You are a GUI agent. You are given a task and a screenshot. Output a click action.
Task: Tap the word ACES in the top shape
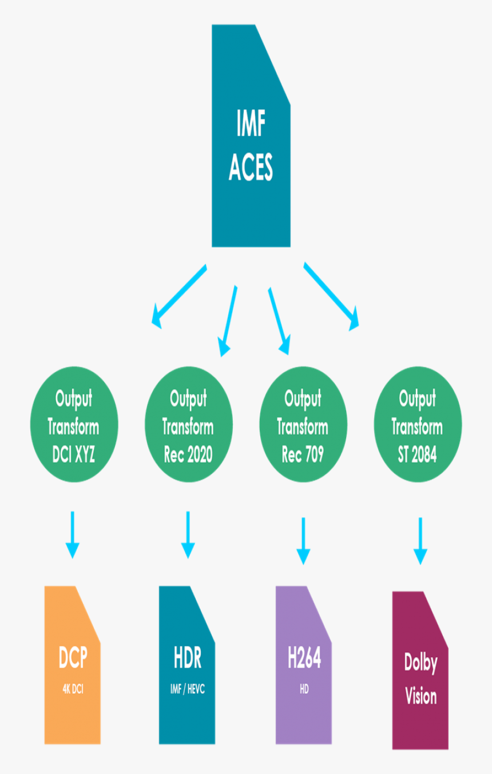251,167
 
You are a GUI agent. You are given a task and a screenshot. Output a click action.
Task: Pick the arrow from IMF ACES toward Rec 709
277,320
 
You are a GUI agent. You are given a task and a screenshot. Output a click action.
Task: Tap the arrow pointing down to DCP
72,534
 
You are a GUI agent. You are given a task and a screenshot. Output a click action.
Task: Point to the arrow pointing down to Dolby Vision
420,540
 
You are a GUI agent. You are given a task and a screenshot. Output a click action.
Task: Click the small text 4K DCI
73,689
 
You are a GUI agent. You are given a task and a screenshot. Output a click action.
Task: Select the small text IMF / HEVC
187,689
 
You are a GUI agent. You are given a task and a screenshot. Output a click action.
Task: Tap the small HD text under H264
304,689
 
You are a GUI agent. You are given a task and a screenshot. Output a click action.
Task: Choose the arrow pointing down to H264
303,540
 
